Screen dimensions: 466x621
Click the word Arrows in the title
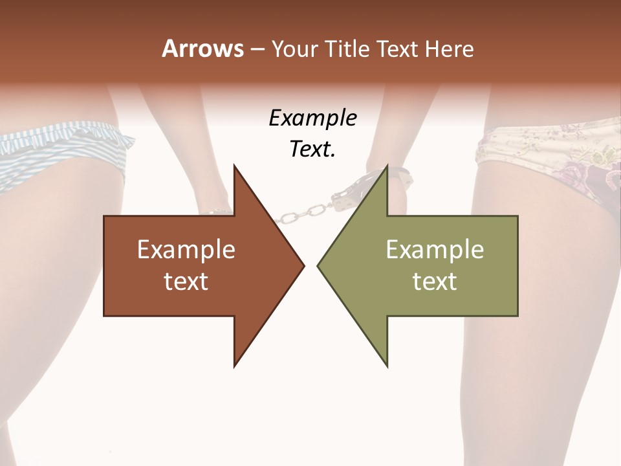(202, 49)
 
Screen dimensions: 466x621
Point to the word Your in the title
(295, 49)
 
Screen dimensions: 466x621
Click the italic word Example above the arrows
(312, 118)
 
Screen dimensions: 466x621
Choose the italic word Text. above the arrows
(312, 150)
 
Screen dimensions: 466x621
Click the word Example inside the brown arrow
(186, 250)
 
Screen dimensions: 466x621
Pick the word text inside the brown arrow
(186, 282)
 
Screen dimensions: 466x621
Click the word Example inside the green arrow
(435, 250)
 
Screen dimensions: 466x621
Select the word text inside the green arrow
(435, 282)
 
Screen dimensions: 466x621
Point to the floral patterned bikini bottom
(550, 155)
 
